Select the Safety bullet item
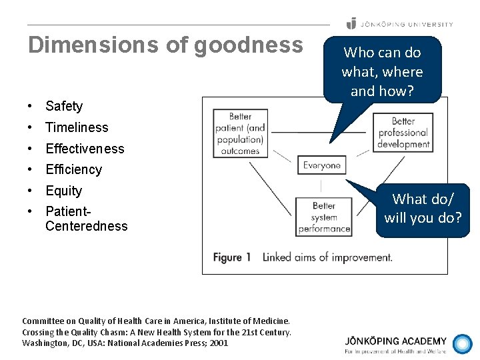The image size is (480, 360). tap(64, 106)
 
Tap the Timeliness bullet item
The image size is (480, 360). tap(77, 127)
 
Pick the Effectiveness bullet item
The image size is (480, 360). tap(85, 149)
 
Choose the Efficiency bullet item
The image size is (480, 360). tap(73, 169)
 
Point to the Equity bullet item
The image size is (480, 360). tap(63, 191)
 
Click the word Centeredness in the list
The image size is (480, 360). tap(86, 226)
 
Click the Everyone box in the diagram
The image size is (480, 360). tap(322, 165)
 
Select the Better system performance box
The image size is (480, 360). tap(323, 217)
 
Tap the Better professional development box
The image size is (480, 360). tap(402, 133)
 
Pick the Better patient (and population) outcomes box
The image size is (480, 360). tap(240, 133)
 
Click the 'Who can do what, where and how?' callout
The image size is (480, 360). tap(382, 71)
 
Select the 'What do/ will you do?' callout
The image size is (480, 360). tap(423, 208)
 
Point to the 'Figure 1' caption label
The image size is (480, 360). tap(232, 257)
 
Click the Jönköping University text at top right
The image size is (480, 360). tap(406, 24)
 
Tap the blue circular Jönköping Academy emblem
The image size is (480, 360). tap(462, 344)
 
